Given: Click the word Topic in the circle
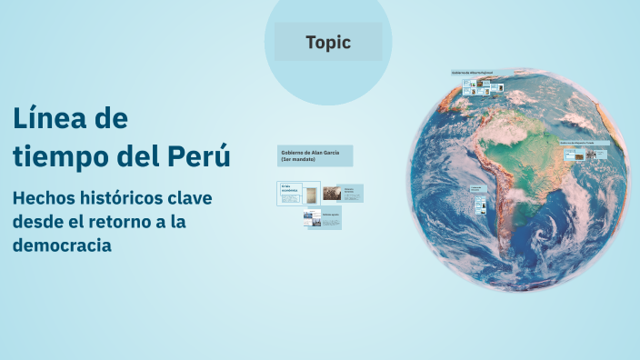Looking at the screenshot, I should tap(328, 42).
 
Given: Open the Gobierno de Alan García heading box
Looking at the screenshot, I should tap(315, 155).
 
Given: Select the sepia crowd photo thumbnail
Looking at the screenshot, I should tap(333, 193).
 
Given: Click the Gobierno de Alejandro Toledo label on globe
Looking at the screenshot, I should tap(583, 143).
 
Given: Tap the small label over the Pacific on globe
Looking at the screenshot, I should tap(477, 190).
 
